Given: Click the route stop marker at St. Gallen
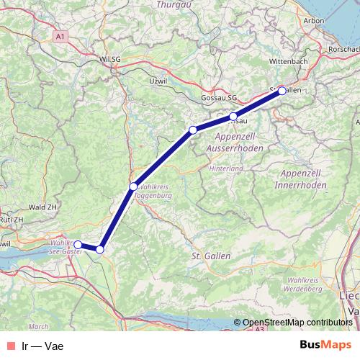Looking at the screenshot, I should (x=282, y=91).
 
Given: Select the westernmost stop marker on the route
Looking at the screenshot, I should (x=78, y=245).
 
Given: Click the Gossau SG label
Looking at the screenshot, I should (x=220, y=96).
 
